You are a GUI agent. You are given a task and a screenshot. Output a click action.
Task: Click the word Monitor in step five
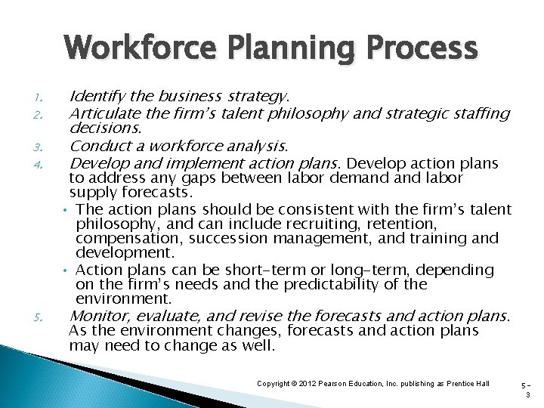tap(97, 316)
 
